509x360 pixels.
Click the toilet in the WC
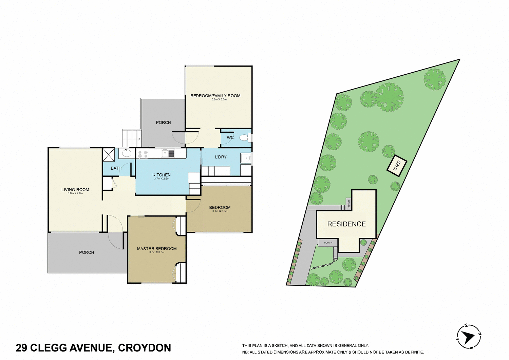(x=244, y=137)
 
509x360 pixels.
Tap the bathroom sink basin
(x=127, y=153)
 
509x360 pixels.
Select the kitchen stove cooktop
(x=143, y=154)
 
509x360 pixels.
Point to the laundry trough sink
(x=246, y=158)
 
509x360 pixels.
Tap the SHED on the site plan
(x=397, y=166)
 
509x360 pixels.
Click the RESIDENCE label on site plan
(x=346, y=224)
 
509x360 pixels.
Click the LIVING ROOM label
(x=75, y=190)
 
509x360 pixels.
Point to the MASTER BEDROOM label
(x=157, y=249)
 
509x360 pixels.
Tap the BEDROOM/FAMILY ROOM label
(x=215, y=96)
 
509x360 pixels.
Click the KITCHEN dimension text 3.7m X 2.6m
(x=162, y=179)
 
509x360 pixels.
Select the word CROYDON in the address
(x=145, y=348)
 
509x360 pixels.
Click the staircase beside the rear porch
(x=131, y=138)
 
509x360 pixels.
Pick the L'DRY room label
(x=221, y=157)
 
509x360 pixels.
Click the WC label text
(x=230, y=137)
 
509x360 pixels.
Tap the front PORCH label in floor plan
(x=87, y=252)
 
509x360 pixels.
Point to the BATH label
(x=116, y=168)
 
